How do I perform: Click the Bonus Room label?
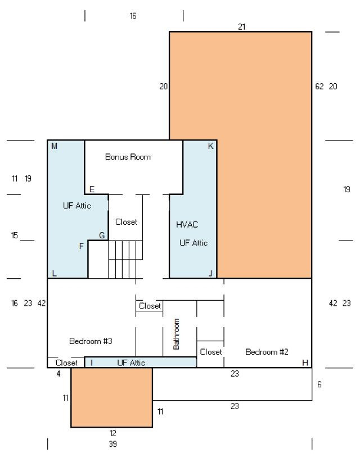(x=128, y=157)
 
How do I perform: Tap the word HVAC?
(x=187, y=225)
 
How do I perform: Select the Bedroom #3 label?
(x=91, y=341)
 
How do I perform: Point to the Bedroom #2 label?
(x=267, y=352)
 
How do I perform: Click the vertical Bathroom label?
(x=176, y=334)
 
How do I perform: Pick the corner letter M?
(x=54, y=146)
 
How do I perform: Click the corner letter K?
(x=210, y=146)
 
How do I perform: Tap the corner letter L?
(x=54, y=273)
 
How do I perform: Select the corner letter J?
(x=210, y=273)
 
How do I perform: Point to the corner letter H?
(x=305, y=363)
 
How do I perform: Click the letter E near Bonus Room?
(x=92, y=189)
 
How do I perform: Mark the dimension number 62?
(x=319, y=87)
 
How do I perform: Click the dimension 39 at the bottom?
(x=112, y=443)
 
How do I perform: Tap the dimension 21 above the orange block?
(x=242, y=27)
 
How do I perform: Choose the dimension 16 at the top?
(x=133, y=16)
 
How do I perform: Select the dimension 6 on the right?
(x=319, y=384)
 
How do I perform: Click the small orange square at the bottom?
(x=112, y=397)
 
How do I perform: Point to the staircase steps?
(x=125, y=259)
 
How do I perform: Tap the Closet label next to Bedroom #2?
(x=210, y=352)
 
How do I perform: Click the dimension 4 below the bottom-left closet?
(x=58, y=374)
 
